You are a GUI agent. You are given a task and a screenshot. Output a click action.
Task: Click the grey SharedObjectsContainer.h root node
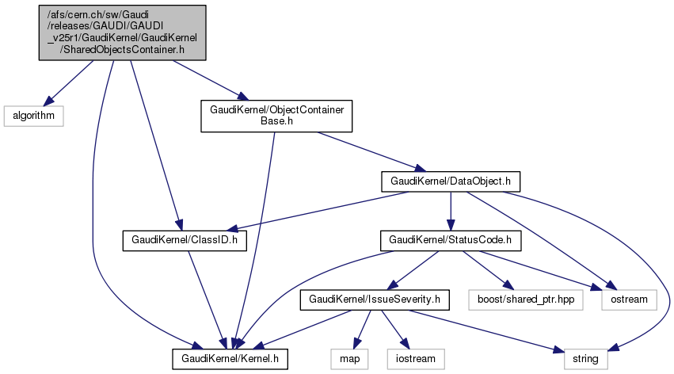coord(123,32)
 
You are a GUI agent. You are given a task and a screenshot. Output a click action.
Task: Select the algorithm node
coord(32,115)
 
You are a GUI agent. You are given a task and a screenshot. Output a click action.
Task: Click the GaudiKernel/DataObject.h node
coord(450,181)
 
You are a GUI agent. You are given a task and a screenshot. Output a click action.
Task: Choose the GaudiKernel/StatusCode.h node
coord(449,239)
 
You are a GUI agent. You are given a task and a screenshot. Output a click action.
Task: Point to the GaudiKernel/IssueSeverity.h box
coord(375,300)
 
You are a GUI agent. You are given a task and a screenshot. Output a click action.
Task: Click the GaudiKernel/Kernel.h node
coord(230,360)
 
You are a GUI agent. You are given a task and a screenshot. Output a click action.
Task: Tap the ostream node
coord(629,300)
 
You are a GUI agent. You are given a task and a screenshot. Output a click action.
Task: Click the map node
coord(346,360)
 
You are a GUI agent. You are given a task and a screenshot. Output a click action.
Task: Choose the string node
coord(587,360)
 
